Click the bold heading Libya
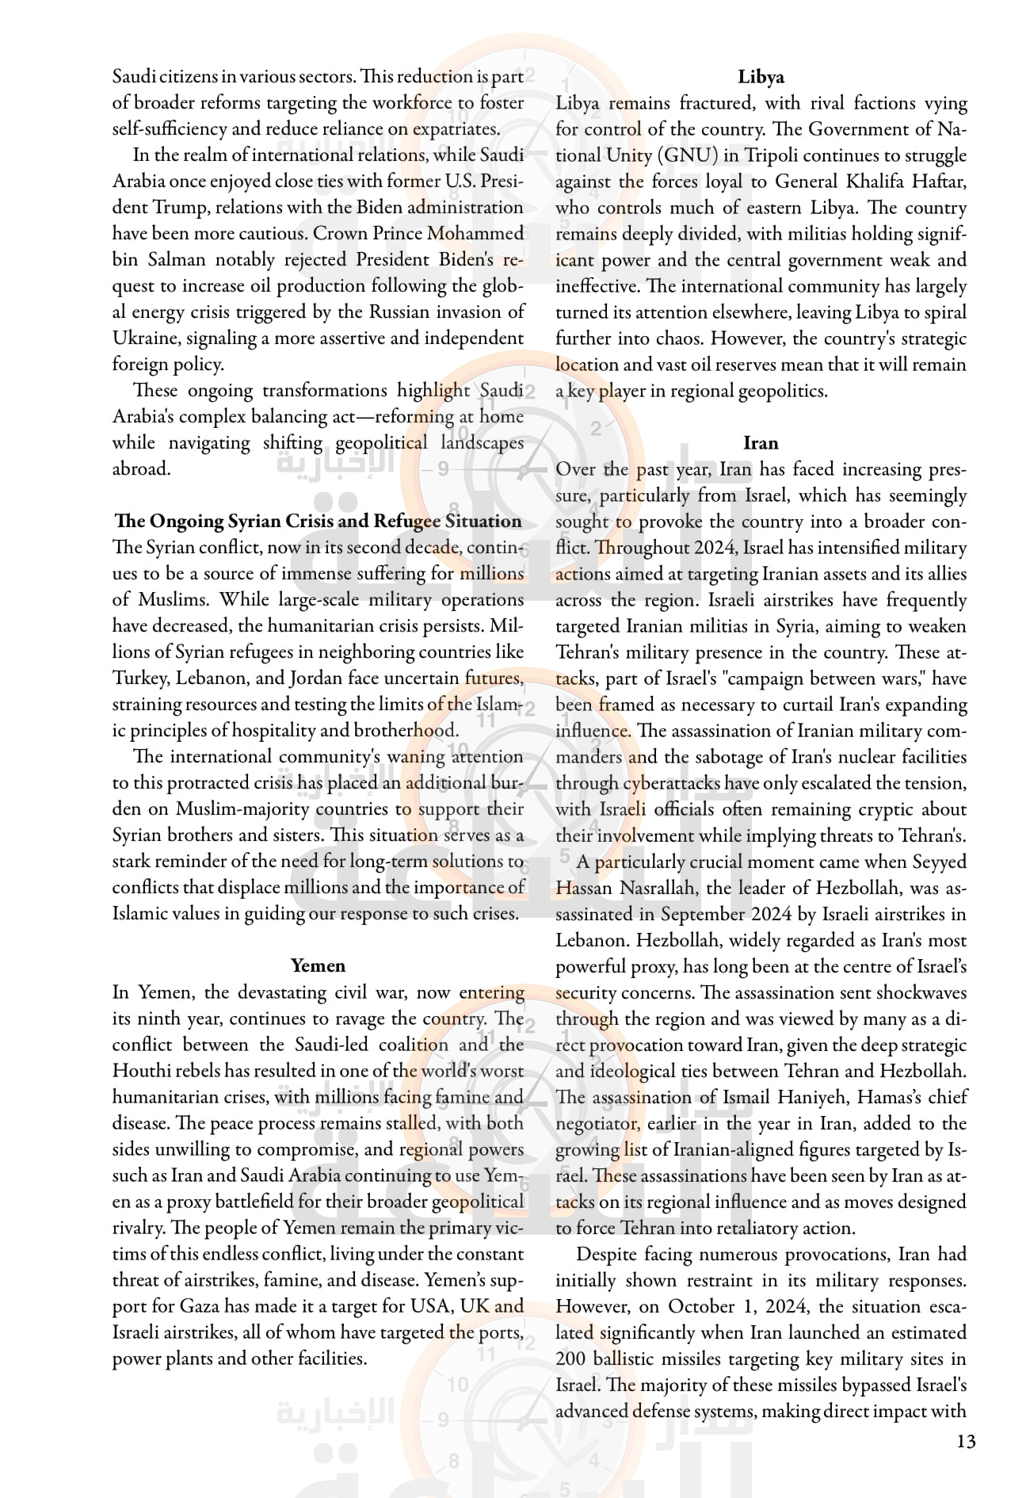761,77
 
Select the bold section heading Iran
761,443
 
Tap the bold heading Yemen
318,965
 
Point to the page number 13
966,1441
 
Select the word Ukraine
145,338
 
